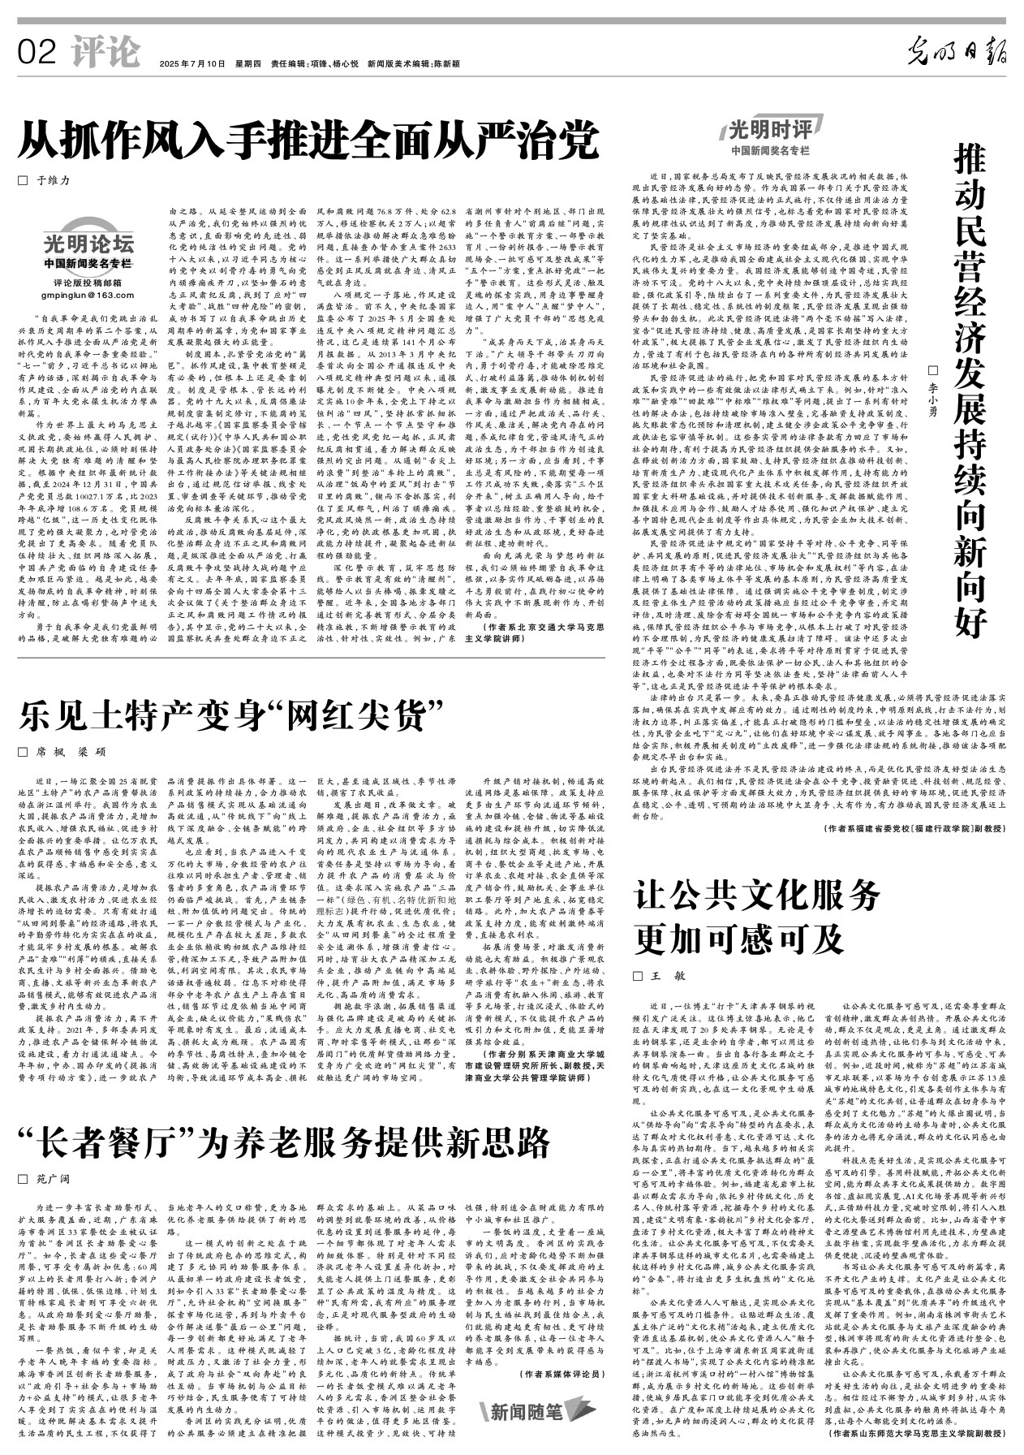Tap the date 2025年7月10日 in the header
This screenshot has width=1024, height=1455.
(191, 63)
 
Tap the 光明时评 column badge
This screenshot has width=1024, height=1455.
(770, 130)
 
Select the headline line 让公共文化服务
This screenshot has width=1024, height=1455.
(758, 896)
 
